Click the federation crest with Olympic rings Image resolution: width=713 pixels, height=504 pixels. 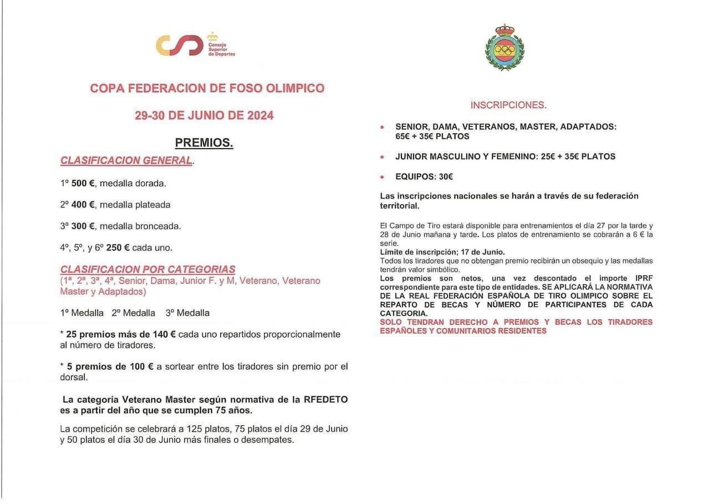[x=504, y=48]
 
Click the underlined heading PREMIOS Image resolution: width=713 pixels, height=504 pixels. [x=204, y=142]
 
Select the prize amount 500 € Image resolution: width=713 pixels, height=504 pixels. [x=83, y=183]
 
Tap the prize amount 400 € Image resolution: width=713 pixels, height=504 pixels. [x=83, y=205]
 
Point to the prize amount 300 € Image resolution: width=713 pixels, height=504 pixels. [x=83, y=226]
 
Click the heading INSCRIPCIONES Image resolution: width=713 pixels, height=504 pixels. [x=508, y=105]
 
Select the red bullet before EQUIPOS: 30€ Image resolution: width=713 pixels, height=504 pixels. [x=381, y=177]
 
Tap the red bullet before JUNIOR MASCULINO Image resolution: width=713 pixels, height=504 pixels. [x=381, y=157]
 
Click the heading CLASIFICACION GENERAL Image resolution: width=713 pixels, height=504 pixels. [x=126, y=160]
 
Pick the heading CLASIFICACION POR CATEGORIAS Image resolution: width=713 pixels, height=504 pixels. [x=147, y=269]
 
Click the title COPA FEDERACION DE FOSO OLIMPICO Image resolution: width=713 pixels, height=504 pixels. [x=207, y=88]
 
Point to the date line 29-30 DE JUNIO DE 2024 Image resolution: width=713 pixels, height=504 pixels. [x=204, y=115]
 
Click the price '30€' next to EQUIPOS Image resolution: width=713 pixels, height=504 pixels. [x=446, y=177]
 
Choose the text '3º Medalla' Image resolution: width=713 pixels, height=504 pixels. [x=187, y=313]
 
